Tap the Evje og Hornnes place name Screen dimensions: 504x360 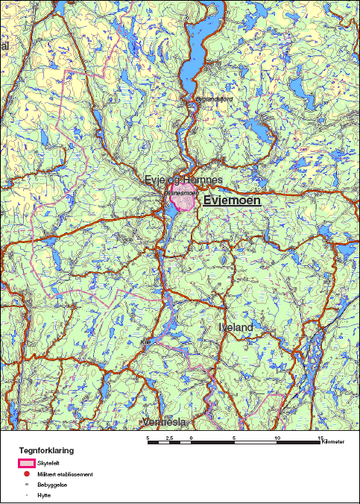183,180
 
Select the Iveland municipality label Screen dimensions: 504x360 237,327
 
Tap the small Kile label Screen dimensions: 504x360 145,342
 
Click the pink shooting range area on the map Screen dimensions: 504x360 183,201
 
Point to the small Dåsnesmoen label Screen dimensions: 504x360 179,192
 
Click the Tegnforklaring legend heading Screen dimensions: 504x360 46,451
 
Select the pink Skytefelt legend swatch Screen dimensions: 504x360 26,464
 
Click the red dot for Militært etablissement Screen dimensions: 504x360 26,474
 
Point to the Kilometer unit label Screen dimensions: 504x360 334,443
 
